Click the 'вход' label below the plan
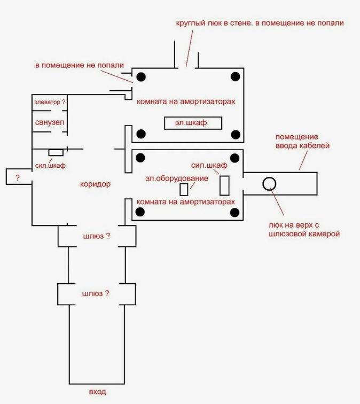click(97, 392)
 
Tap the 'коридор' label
click(95, 184)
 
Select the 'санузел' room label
click(50, 122)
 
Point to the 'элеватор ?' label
click(50, 102)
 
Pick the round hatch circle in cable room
click(269, 184)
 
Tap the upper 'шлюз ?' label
click(97, 236)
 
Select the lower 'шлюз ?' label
click(97, 293)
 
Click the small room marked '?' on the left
click(18, 177)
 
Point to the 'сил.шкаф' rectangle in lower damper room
click(224, 185)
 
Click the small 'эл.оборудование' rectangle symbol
click(184, 189)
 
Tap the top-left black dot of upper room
click(142, 76)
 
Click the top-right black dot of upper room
click(235, 76)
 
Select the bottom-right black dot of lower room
click(235, 213)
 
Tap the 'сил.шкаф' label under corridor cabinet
click(50, 166)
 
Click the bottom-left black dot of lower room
click(142, 213)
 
